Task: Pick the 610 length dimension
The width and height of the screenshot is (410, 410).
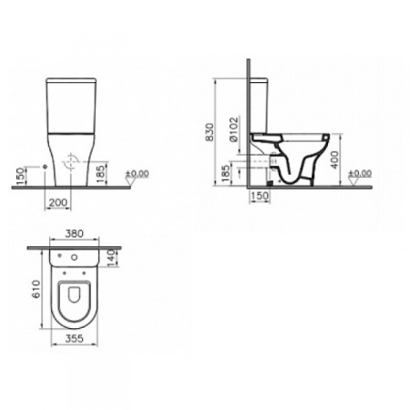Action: pyautogui.click(x=35, y=291)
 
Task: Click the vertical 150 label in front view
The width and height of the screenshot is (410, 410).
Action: pyautogui.click(x=19, y=173)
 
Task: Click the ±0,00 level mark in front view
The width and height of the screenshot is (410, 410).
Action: pyautogui.click(x=138, y=173)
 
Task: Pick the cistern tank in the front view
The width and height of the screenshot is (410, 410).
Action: pyautogui.click(x=70, y=102)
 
